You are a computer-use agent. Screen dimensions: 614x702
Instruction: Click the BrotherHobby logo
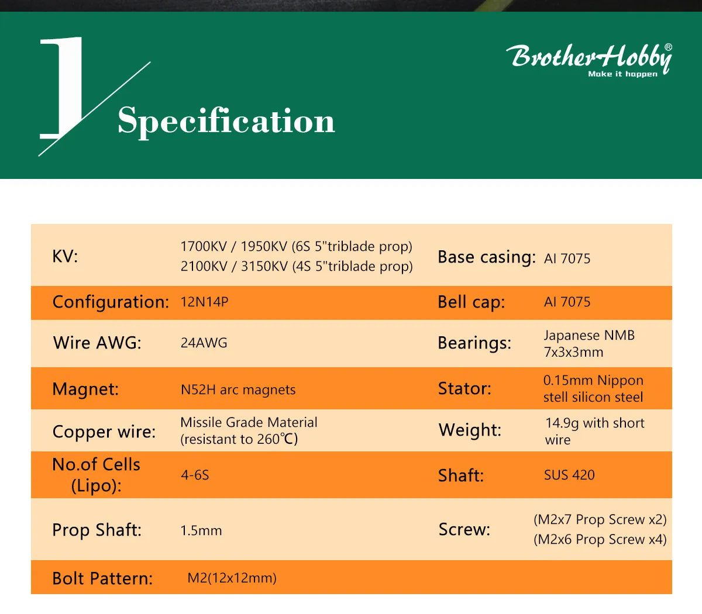tap(590, 57)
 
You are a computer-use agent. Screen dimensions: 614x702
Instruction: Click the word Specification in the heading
tap(226, 121)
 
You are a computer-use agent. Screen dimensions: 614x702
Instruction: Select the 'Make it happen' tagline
tap(622, 74)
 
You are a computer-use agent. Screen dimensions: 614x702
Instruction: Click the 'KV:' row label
tap(65, 256)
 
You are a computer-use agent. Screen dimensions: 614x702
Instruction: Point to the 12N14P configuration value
tap(204, 302)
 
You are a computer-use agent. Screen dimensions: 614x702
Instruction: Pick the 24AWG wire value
tap(204, 343)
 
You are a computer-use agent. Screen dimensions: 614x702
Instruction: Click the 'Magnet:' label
tap(85, 389)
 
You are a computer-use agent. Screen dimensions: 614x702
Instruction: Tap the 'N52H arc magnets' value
tap(238, 389)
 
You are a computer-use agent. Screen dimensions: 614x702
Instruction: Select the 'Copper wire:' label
tap(104, 432)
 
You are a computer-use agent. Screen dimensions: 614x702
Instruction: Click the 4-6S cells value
tap(195, 475)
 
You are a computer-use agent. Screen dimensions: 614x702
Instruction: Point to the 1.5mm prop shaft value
tap(201, 530)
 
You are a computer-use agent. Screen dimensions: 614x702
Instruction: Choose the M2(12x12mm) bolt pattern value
tap(232, 578)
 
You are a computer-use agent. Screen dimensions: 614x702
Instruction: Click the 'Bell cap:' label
tap(471, 302)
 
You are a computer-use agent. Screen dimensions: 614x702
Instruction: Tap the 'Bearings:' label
tap(474, 343)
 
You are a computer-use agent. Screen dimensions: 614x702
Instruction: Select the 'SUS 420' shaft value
tap(569, 475)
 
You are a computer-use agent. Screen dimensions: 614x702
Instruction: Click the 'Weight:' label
tap(470, 430)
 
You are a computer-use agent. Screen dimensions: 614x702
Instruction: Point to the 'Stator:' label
tap(464, 388)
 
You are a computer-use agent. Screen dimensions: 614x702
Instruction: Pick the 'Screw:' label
tap(464, 529)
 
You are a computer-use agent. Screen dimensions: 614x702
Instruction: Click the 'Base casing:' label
tap(487, 257)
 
